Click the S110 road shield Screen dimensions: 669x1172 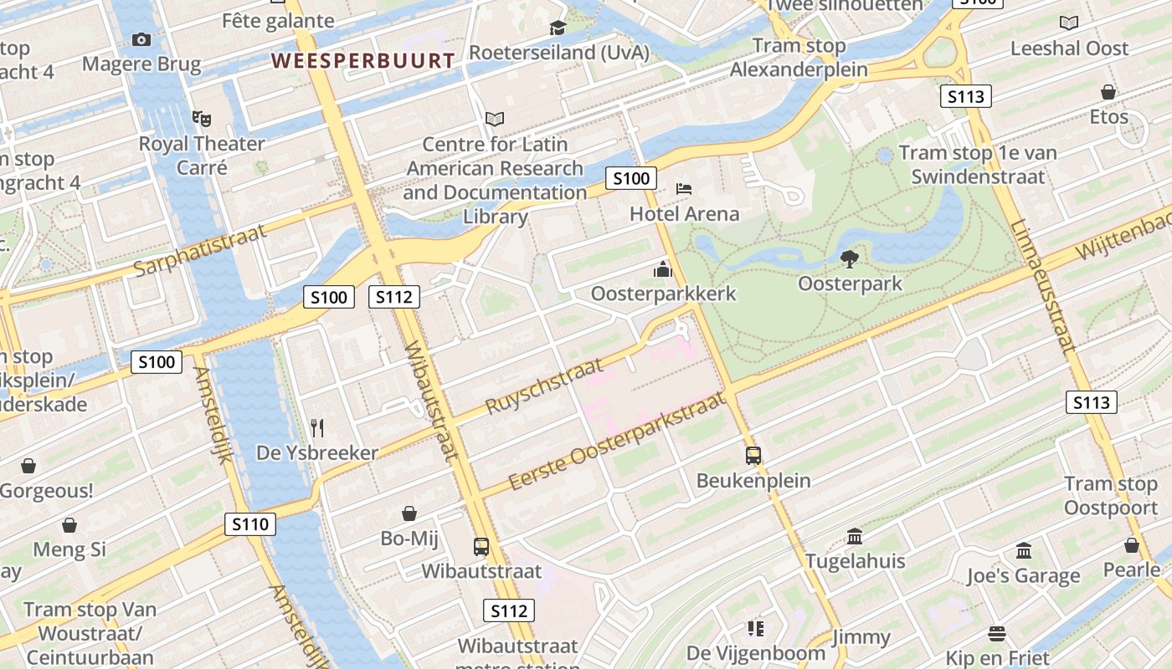[250, 524]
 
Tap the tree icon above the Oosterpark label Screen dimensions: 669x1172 [850, 259]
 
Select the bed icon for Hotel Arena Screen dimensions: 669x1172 [684, 188]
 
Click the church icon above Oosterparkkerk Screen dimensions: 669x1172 [663, 269]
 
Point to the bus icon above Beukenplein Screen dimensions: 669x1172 [753, 456]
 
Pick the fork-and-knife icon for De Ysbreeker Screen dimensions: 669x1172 [316, 428]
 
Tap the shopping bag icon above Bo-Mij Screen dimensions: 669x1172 [409, 513]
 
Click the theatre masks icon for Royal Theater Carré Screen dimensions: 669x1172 [201, 119]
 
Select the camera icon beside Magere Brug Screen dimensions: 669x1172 [141, 39]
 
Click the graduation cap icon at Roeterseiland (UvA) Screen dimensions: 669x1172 [558, 28]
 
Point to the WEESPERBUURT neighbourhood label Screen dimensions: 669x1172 [363, 60]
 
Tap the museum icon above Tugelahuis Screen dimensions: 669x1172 [855, 536]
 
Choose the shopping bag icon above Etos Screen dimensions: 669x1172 [1108, 92]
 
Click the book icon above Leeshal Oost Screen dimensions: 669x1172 [1069, 23]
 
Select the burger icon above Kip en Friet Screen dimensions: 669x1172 [996, 633]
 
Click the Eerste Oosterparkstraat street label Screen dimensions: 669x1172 [617, 443]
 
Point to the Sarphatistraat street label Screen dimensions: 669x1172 [201, 250]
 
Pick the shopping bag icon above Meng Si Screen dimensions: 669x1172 [69, 525]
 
